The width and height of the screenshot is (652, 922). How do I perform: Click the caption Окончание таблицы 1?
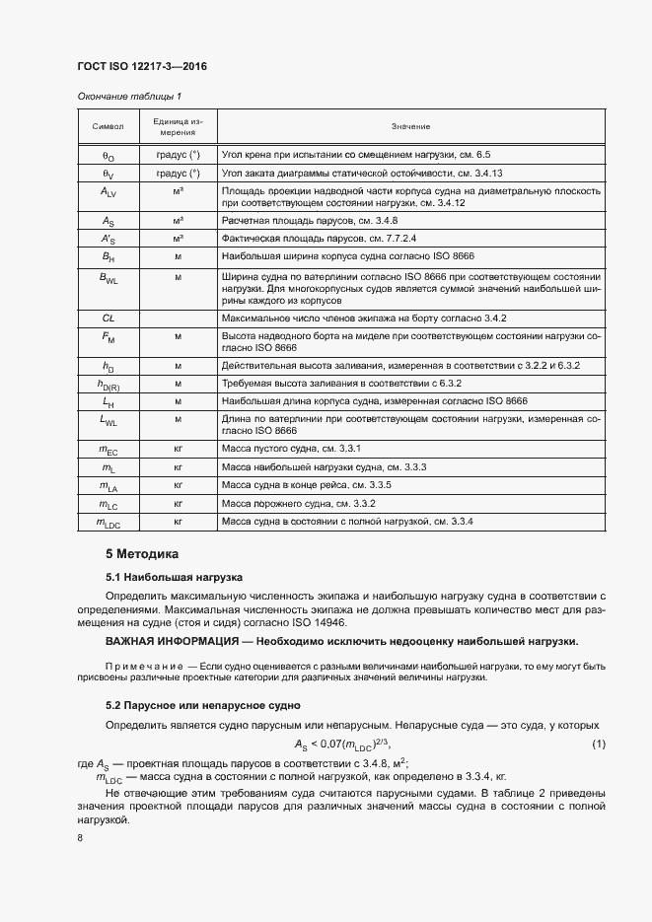coord(129,96)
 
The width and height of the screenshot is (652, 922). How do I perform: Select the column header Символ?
coord(108,126)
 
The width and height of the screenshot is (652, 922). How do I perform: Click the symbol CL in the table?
coord(109,319)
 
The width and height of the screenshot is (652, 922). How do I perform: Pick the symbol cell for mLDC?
coord(109,522)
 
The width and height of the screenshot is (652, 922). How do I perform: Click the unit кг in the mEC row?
coord(179,450)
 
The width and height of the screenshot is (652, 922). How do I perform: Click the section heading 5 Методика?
coord(142,554)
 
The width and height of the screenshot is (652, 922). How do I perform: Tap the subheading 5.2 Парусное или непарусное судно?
coord(202,706)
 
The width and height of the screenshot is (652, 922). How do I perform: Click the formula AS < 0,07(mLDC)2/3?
coord(349,744)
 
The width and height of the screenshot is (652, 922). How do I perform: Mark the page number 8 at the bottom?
coord(80,838)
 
